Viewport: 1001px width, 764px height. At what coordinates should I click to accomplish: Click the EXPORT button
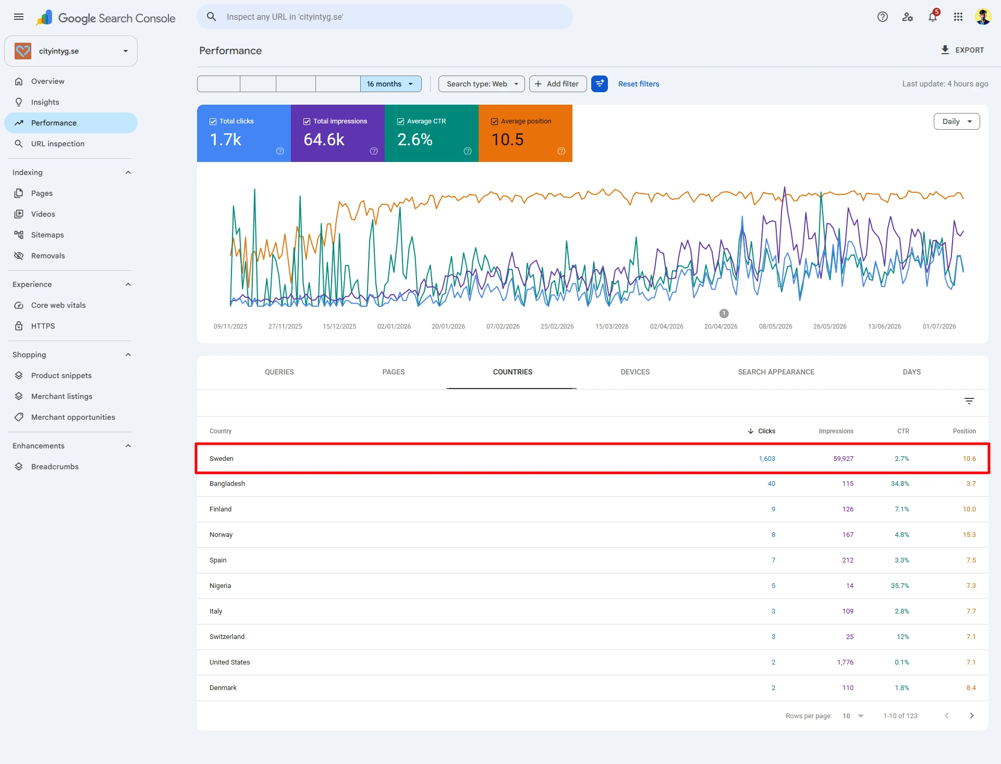pos(962,50)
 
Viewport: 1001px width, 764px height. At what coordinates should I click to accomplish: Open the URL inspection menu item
pos(57,144)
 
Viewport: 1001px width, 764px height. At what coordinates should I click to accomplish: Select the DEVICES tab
pos(635,372)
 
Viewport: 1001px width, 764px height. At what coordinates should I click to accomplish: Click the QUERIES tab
pos(279,372)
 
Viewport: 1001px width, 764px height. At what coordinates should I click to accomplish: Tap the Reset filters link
pos(639,84)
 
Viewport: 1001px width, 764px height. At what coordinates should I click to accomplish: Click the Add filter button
pos(558,84)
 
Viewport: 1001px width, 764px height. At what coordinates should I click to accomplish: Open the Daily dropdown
pos(957,121)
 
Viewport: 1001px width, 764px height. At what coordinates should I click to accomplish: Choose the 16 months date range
pos(390,84)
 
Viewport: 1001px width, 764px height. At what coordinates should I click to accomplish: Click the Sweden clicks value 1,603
pos(767,459)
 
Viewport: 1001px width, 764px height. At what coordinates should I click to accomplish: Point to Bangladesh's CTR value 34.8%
pos(900,484)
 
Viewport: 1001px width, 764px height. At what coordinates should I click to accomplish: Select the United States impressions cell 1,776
pos(845,662)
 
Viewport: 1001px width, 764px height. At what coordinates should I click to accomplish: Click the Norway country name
pos(221,535)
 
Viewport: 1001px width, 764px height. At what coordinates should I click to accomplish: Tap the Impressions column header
pos(836,431)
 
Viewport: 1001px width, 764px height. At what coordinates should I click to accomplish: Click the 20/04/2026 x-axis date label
pos(721,327)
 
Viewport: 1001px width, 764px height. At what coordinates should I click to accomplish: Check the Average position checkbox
pos(494,121)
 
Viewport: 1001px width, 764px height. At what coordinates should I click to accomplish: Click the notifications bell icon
pos(933,17)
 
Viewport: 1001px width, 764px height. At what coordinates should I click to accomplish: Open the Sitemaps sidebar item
pos(47,235)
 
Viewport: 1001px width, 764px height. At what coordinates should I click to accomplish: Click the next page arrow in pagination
pos(972,716)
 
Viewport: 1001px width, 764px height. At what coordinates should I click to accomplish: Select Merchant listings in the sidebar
pos(62,396)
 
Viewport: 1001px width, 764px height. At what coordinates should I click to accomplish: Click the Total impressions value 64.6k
pos(324,140)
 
